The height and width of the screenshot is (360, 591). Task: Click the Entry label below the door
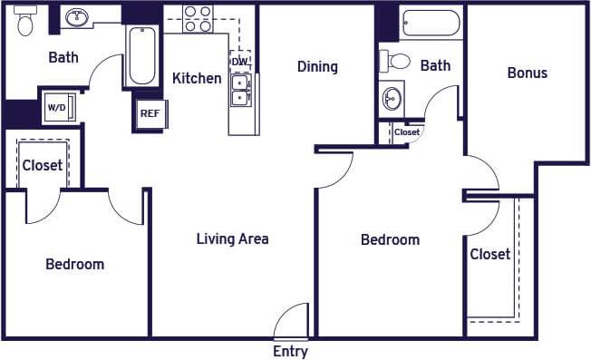coord(290,351)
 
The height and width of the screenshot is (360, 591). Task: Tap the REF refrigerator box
coord(150,114)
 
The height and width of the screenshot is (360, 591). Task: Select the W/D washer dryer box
coord(56,108)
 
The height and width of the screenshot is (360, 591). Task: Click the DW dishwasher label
coord(239,62)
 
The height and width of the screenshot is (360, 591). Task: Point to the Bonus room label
coord(527,73)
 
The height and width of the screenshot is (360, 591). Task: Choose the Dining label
coord(317,66)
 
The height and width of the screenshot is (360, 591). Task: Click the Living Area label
coord(232,238)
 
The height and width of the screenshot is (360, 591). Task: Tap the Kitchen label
coord(197,78)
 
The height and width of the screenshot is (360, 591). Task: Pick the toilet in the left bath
coord(25,22)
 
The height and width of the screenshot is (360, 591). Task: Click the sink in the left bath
coord(77,16)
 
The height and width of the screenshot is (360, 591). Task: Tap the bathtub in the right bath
coord(431,23)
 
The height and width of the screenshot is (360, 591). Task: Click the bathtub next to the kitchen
coord(141,56)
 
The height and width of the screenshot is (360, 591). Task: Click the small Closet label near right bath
coord(407,131)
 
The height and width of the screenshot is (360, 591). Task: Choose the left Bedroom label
coord(75,264)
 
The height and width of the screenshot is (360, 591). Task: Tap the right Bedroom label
coord(390,239)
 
